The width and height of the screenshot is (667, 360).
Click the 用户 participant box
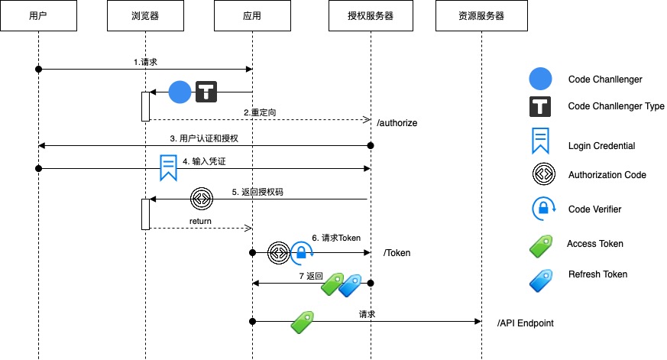[x=37, y=16]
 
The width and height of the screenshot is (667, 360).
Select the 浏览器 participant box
[x=145, y=16]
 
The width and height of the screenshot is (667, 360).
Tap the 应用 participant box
[x=252, y=16]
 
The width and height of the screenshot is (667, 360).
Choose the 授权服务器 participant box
[x=371, y=16]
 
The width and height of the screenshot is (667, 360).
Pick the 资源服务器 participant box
[x=482, y=16]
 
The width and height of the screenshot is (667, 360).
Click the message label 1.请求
[x=144, y=61]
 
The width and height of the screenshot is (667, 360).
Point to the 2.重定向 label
[x=260, y=112]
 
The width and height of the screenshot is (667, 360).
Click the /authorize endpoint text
[x=397, y=122]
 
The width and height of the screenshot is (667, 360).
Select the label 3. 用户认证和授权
[x=204, y=138]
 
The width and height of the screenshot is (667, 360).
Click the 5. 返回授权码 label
[x=258, y=192]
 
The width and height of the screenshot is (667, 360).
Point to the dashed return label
[x=201, y=222]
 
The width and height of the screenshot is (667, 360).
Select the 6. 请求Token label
[x=336, y=238]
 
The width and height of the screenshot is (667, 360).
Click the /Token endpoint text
[x=397, y=251]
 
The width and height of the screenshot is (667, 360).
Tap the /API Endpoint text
[x=525, y=323]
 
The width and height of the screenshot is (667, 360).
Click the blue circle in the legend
[x=541, y=79]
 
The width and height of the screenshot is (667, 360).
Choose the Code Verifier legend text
[x=595, y=209]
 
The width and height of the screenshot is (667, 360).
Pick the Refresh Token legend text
[x=597, y=274]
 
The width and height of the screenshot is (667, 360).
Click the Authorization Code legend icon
[x=541, y=175]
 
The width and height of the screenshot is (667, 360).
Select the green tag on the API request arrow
[x=303, y=322]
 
